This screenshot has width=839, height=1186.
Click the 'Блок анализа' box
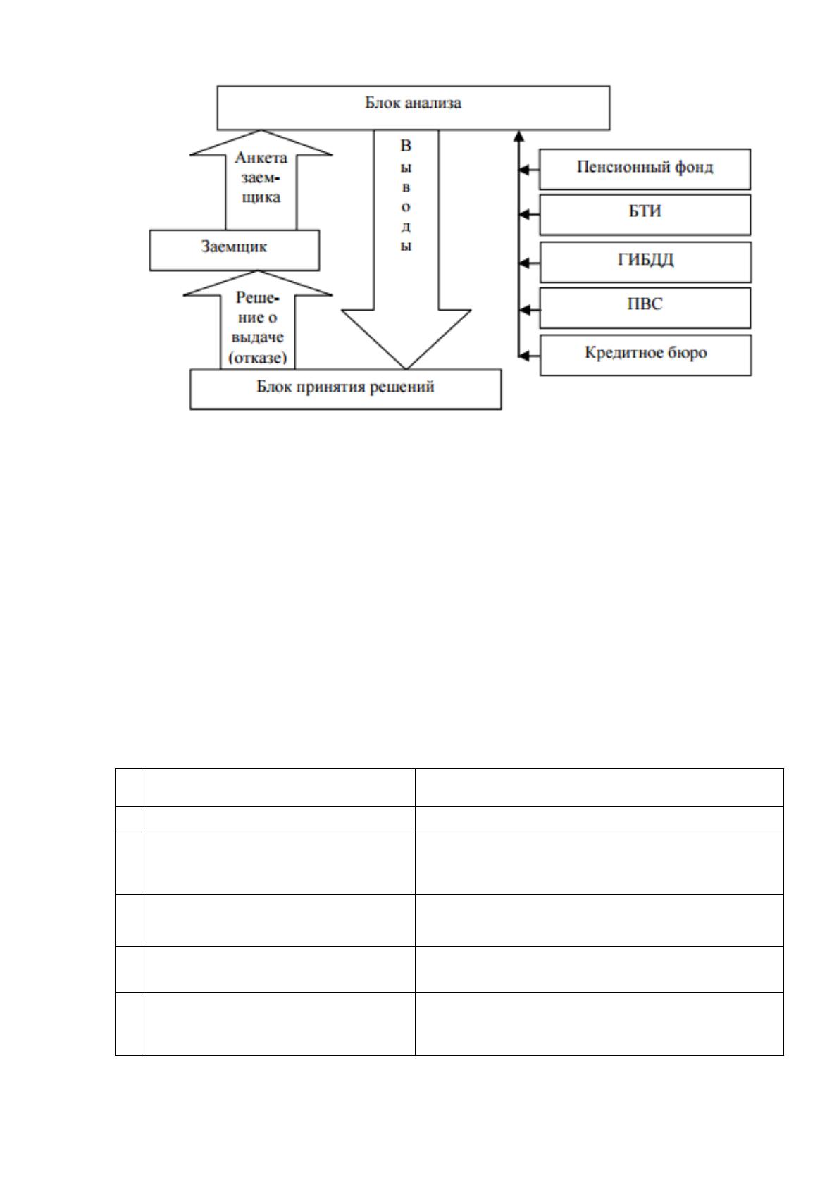[413, 108]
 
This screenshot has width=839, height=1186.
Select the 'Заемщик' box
[234, 250]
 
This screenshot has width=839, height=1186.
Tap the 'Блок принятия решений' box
[345, 389]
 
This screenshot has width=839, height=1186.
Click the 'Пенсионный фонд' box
[645, 169]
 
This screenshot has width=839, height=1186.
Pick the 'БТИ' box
[645, 214]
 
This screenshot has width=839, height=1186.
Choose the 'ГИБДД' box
[645, 262]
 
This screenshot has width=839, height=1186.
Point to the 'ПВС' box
[645, 308]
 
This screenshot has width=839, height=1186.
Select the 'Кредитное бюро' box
[645, 355]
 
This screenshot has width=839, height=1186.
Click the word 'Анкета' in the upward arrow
[261, 158]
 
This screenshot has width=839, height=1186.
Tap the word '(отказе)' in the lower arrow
[257, 358]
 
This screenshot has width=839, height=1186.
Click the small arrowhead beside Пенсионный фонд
[524, 170]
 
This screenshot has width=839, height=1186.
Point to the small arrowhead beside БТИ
[524, 214]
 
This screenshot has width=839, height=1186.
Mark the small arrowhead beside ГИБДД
[524, 262]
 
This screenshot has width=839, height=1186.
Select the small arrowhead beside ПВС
[524, 309]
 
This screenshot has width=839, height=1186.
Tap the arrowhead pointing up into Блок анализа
[519, 135]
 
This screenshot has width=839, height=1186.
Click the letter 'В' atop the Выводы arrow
[406, 146]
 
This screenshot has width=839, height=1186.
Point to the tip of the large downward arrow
[406, 368]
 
